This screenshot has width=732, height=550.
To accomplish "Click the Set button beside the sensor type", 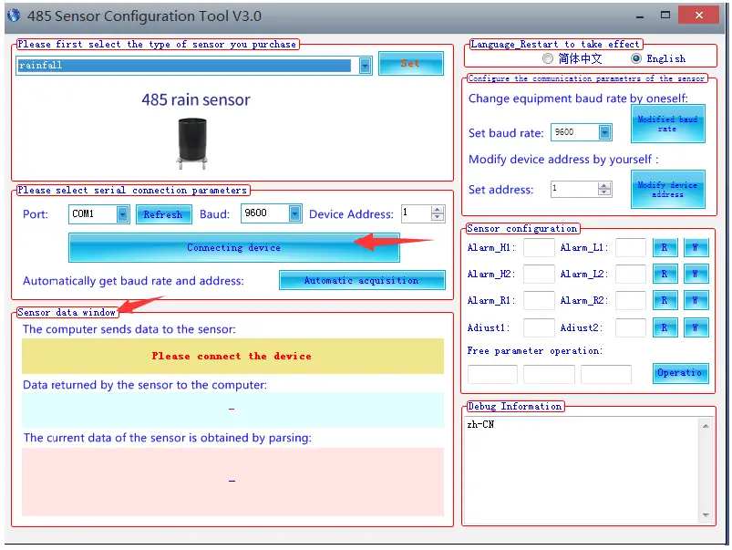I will pos(410,64).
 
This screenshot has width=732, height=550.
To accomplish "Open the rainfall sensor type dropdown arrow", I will pos(366,66).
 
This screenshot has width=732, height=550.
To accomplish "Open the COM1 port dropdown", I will pos(123,214).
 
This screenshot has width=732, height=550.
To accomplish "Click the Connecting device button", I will pos(233,247).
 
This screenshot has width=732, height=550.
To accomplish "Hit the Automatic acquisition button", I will pos(361,280).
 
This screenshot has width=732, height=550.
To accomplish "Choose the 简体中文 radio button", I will pos(548,58).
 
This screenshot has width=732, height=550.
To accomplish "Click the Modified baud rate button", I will pos(667,124).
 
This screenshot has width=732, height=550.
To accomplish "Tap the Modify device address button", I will pos(667,190).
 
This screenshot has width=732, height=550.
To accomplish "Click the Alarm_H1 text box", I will pos(539,248).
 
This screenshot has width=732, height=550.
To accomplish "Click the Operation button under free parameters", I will pos(680,373).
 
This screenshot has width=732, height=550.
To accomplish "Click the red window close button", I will pos(705,16).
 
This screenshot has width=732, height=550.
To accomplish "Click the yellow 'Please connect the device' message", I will pos(232,356).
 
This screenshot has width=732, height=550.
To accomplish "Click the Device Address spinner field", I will pos(417,214).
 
